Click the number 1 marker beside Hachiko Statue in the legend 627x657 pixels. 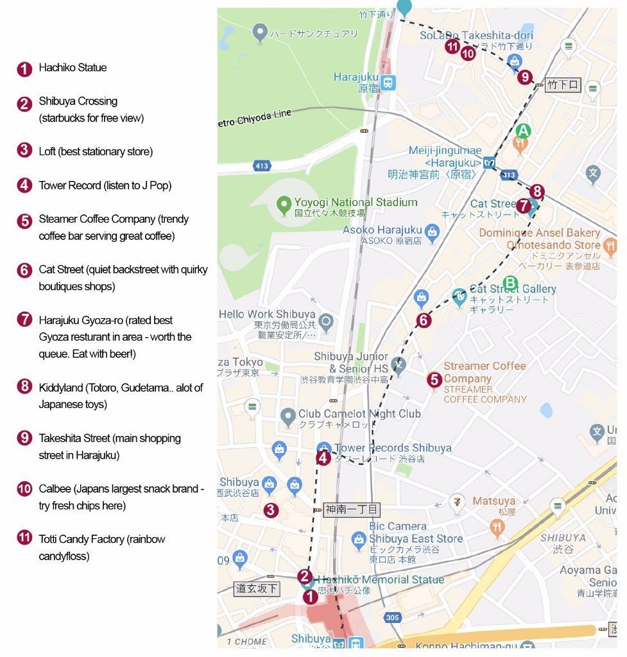coord(24,69)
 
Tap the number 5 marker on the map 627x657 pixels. coord(434,380)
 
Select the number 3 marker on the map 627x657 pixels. coord(271,511)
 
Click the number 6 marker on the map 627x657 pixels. coord(423,320)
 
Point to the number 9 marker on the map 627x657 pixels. coord(525,78)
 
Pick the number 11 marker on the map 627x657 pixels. coord(452,46)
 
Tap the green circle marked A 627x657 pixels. coord(523,131)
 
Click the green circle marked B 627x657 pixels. coord(510,282)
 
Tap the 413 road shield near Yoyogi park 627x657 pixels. coord(261,166)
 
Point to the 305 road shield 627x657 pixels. coord(392,618)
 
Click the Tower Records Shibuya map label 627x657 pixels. coord(392,448)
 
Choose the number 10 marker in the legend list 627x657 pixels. coord(24,490)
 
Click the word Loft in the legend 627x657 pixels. coord(47,151)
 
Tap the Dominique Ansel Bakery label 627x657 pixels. coord(540,233)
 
